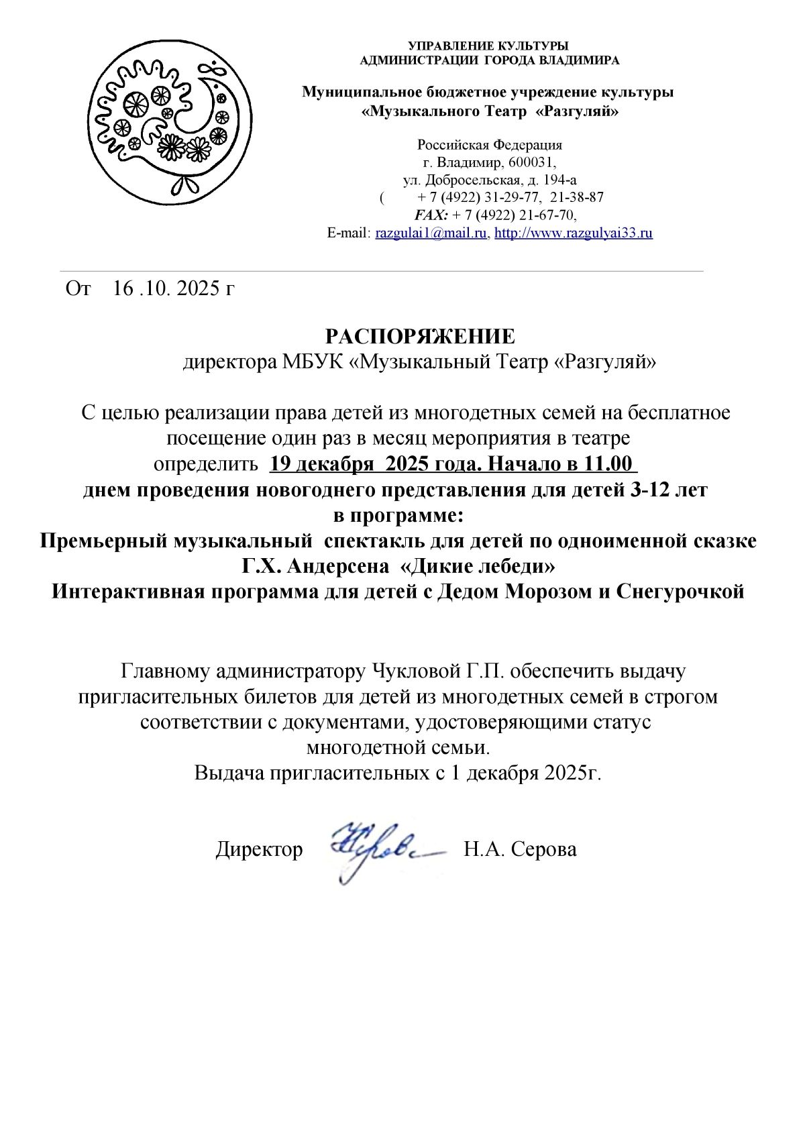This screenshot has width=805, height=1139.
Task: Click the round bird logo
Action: point(172,121)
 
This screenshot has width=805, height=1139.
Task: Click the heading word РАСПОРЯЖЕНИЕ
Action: point(420,336)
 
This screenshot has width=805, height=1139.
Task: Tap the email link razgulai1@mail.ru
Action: point(431,233)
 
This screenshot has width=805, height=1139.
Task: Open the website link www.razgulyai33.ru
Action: point(574,233)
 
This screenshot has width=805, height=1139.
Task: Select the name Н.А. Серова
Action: point(520,849)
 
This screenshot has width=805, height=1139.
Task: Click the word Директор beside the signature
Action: point(259,849)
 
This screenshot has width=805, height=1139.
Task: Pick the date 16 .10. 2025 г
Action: point(174,288)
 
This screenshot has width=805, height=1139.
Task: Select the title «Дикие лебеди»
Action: point(477,567)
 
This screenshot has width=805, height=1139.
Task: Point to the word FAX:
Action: point(431,215)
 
